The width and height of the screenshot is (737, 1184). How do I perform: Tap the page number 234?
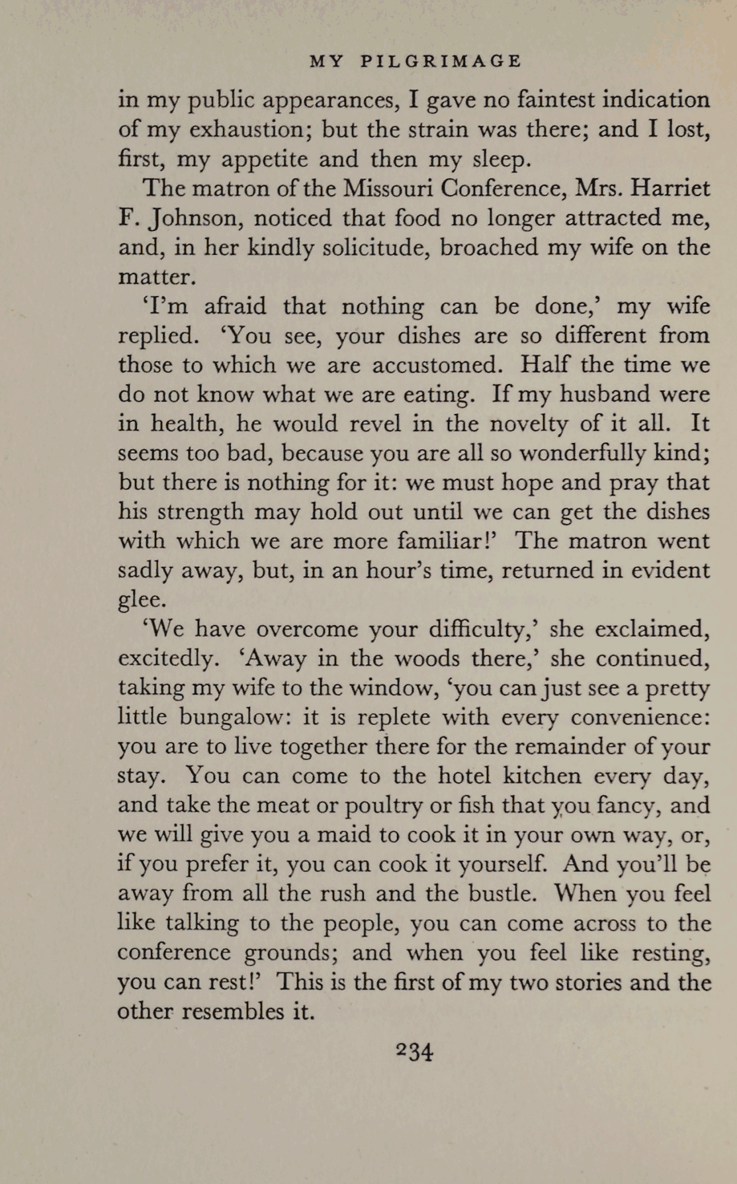point(413,1051)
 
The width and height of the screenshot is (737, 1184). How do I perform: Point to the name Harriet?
point(670,189)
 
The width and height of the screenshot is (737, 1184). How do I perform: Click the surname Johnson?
point(192,219)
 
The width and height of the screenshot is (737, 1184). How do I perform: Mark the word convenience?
point(639,717)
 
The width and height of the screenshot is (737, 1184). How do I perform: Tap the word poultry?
point(377,806)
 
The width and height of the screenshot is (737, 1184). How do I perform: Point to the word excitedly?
point(166,660)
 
